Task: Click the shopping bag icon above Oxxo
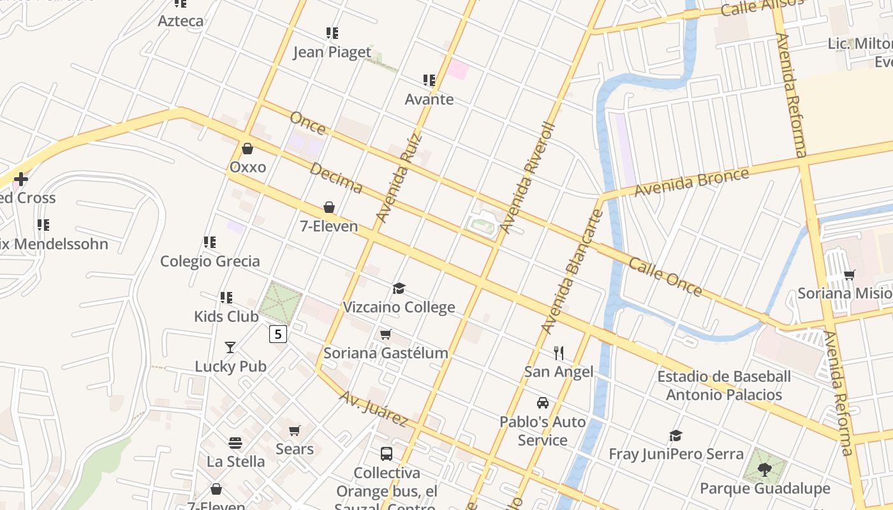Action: tap(247, 149)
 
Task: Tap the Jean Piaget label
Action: tap(332, 52)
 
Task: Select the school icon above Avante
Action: tap(429, 80)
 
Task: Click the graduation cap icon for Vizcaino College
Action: tap(399, 289)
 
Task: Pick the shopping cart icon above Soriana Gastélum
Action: tap(385, 334)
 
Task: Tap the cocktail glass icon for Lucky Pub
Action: tap(230, 347)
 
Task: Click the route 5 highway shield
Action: tap(278, 333)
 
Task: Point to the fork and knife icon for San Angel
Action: tap(559, 353)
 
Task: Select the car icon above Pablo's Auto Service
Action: tap(543, 403)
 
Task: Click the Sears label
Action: tap(295, 449)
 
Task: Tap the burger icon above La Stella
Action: tap(235, 443)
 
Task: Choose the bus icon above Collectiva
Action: tap(387, 454)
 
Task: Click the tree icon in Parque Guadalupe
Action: tap(765, 470)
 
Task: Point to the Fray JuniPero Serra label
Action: tap(676, 454)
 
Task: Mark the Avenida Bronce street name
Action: tap(691, 182)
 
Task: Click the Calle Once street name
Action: tap(665, 277)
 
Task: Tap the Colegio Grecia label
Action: tap(210, 261)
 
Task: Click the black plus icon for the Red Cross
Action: tap(21, 179)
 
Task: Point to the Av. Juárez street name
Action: tap(373, 408)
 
